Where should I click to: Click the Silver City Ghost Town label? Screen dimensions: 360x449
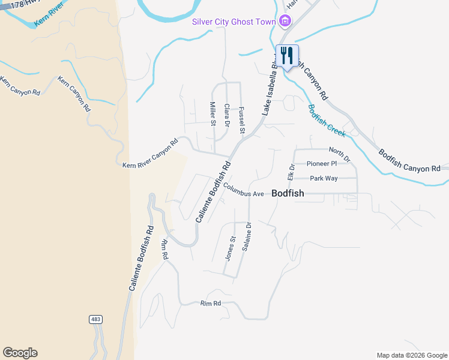point(234,22)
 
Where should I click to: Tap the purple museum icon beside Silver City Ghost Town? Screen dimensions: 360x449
point(285,22)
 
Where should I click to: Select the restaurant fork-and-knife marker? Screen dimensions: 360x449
point(287,56)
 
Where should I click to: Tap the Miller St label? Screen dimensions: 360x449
point(212,113)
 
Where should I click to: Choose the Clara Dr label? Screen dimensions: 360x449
point(227,115)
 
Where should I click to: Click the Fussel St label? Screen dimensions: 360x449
point(242,120)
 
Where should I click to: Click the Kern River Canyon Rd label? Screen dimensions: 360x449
point(151,154)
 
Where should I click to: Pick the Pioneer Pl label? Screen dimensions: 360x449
point(321,163)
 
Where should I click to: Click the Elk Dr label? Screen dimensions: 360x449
point(291,172)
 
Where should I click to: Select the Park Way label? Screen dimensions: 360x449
point(324,178)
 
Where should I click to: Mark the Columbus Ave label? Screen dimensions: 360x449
point(244,190)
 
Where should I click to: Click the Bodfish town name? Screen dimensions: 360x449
point(288,193)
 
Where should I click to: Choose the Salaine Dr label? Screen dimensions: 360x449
point(246,237)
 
